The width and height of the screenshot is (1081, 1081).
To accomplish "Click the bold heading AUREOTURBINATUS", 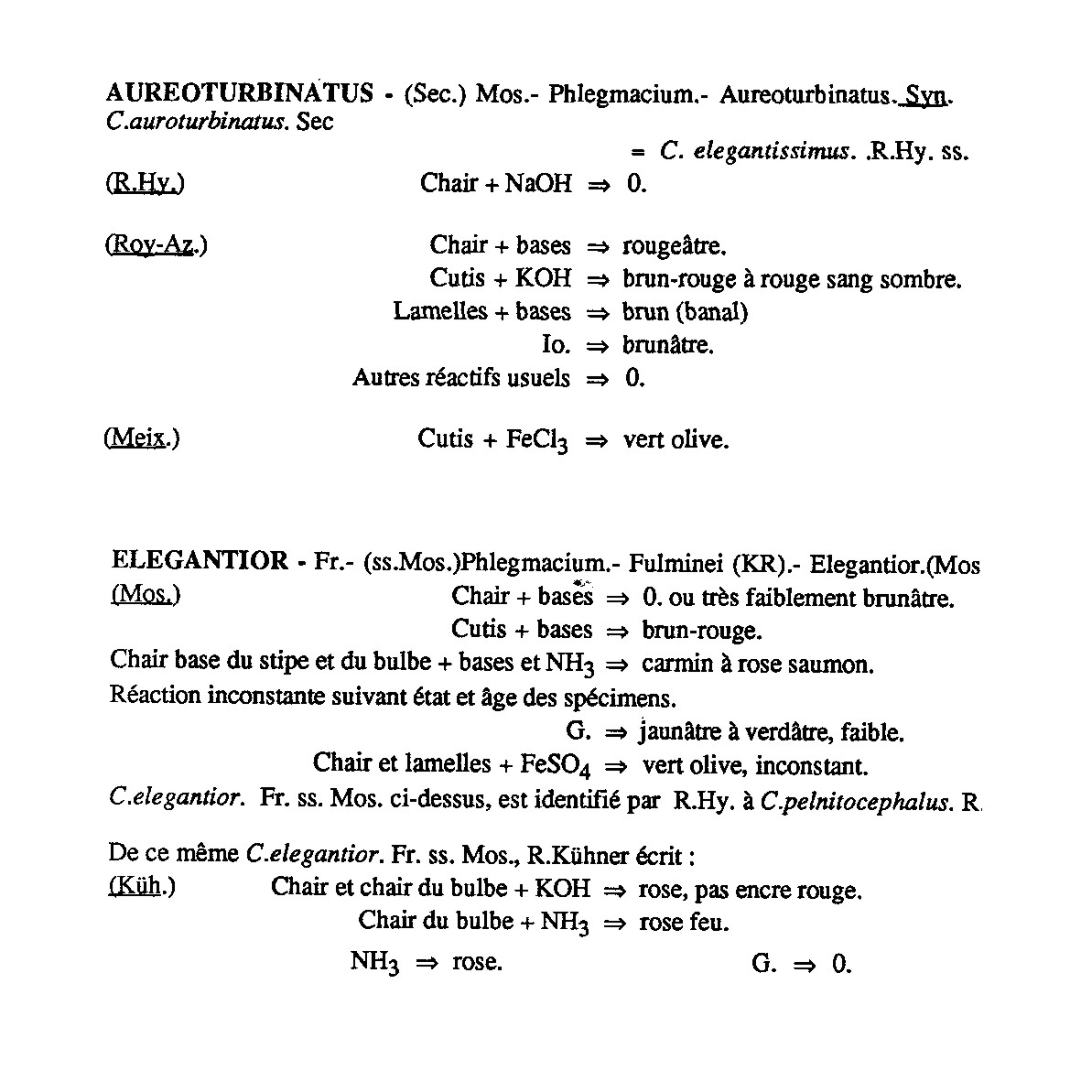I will (240, 93).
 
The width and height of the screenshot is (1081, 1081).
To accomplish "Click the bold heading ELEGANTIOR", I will (200, 560).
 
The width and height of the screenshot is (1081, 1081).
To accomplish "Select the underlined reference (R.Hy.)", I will (146, 183).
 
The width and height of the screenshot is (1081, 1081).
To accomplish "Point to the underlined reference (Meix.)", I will (142, 438).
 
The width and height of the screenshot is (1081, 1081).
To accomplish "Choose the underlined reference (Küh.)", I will (142, 887).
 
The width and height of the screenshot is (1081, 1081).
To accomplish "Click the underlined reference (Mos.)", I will (146, 595).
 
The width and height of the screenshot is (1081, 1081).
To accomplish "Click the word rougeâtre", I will (675, 246).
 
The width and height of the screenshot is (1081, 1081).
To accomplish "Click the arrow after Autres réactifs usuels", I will (597, 379).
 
